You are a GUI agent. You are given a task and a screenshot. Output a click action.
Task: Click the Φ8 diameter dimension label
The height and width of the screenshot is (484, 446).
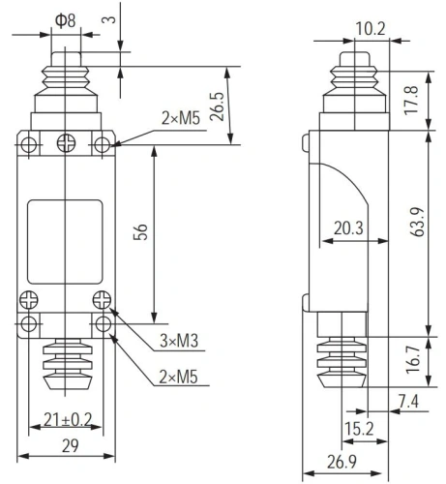pyautogui.click(x=66, y=20)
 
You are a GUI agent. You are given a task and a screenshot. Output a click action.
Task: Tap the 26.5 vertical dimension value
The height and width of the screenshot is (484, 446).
pyautogui.click(x=217, y=106)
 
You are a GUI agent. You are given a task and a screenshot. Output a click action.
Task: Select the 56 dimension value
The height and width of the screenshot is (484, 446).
pyautogui.click(x=140, y=231)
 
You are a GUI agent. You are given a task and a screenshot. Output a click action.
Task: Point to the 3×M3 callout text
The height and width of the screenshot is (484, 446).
pyautogui.click(x=179, y=341)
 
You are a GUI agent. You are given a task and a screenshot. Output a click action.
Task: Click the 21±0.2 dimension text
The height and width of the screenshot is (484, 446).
pyautogui.click(x=68, y=420)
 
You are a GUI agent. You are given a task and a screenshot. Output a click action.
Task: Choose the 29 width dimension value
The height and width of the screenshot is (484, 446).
pyautogui.click(x=70, y=445)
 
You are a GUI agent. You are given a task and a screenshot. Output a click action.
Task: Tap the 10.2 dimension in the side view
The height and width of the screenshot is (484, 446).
pyautogui.click(x=371, y=29)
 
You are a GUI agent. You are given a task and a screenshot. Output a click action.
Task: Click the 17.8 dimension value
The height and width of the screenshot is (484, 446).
pyautogui.click(x=411, y=100)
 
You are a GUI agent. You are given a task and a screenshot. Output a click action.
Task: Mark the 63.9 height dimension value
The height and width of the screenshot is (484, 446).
pyautogui.click(x=418, y=222)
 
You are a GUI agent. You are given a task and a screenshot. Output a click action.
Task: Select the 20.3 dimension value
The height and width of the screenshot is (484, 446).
pyautogui.click(x=348, y=228)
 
